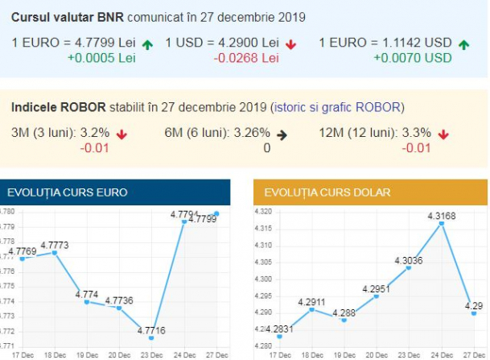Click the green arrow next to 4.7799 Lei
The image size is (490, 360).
point(148,43)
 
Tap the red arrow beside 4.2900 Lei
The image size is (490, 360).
point(290,43)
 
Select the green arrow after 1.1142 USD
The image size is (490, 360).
point(463,43)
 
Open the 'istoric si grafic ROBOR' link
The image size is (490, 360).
point(338,107)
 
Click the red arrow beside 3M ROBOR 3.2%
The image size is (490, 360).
point(121,134)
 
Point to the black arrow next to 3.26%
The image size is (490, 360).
point(281,134)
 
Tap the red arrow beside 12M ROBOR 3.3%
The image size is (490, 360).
point(443,134)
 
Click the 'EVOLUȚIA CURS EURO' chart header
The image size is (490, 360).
point(68,192)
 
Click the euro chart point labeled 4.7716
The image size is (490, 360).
point(151,338)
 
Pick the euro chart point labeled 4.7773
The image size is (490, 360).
point(54,253)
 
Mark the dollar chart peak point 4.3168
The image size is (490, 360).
point(442,223)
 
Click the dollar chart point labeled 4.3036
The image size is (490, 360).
point(409,267)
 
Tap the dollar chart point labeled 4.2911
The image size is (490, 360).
point(311,309)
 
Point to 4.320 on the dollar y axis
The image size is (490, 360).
point(263,212)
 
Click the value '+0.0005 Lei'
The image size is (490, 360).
point(101,58)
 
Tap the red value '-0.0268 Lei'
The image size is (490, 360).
point(246,58)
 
